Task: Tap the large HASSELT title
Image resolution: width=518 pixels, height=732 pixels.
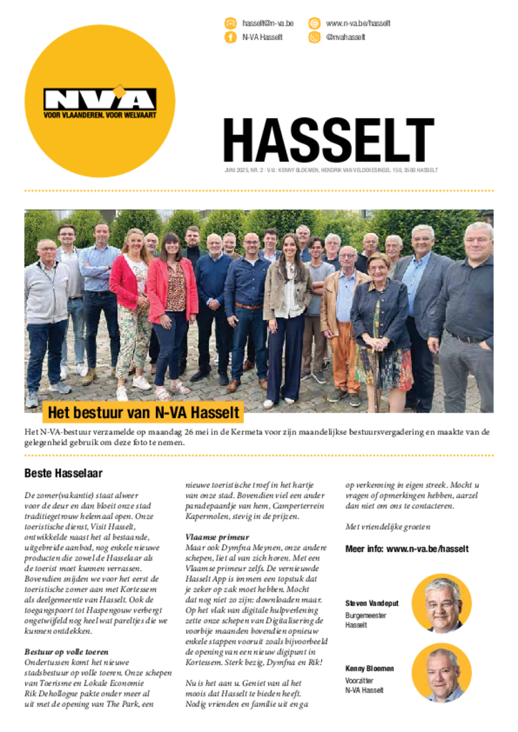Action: pos(328,141)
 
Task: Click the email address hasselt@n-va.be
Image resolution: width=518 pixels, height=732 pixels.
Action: pos(268,24)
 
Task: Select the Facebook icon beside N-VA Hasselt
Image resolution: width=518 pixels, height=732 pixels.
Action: pos(230,37)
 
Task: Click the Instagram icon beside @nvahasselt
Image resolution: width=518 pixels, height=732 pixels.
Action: pos(314,37)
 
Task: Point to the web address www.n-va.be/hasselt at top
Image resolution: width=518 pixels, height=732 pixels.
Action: pos(358,24)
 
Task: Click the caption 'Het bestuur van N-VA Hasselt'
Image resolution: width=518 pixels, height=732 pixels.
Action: pos(142,413)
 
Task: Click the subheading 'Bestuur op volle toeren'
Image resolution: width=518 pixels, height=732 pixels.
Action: pos(67,652)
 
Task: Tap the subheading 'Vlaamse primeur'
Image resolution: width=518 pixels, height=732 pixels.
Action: pos(217,537)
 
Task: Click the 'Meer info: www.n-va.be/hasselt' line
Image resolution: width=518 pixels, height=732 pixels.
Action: pos(407,549)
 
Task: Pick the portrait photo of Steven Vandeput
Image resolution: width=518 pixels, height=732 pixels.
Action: pos(441,603)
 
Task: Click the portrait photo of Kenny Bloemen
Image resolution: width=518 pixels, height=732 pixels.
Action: pos(441,672)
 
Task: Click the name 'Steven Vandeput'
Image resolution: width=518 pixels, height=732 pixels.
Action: pos(372,603)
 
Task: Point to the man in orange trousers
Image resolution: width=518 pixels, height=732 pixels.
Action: pos(346,315)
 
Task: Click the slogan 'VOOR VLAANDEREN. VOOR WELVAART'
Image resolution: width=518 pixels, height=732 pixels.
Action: pos(99,114)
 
